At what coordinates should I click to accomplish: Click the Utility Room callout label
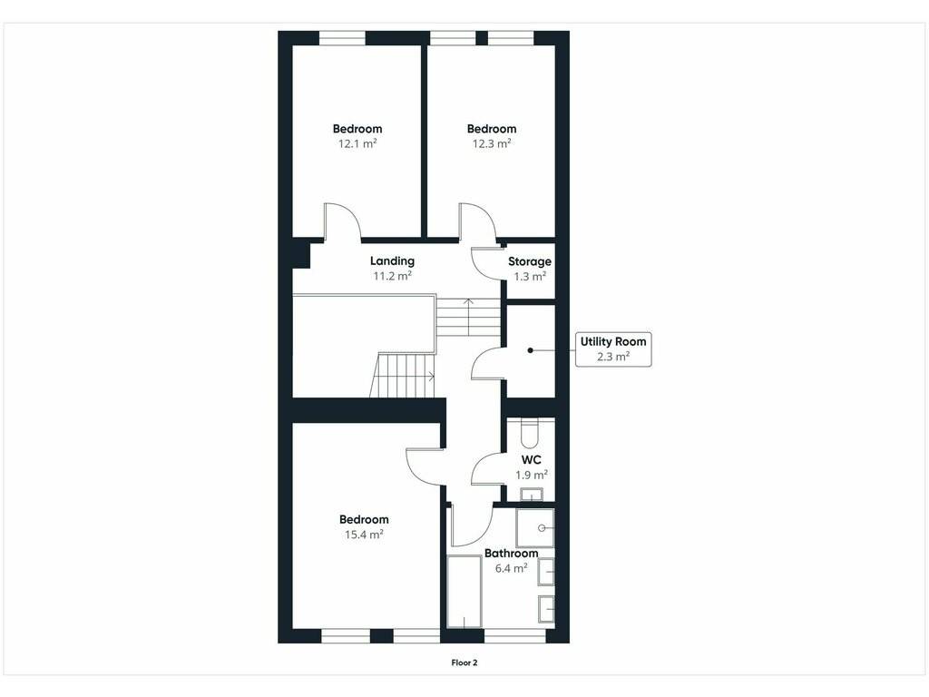point(613,349)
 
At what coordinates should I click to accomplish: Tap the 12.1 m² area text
point(357,143)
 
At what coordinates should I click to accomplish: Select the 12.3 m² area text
point(492,143)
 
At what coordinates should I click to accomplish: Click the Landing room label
point(392,260)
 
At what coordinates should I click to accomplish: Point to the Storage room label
point(530,261)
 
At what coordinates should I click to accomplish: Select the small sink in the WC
point(532,495)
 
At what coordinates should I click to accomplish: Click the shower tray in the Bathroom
point(535,527)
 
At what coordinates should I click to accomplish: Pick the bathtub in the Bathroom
point(464,591)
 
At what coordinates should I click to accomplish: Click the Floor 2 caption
point(464,663)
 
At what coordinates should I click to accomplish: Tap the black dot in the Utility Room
point(530,350)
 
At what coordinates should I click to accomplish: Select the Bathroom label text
point(512,553)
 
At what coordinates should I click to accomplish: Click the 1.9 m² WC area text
point(532,475)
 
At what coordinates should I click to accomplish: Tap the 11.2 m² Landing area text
point(392,276)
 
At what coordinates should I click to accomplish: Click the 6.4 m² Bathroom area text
point(512,568)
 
